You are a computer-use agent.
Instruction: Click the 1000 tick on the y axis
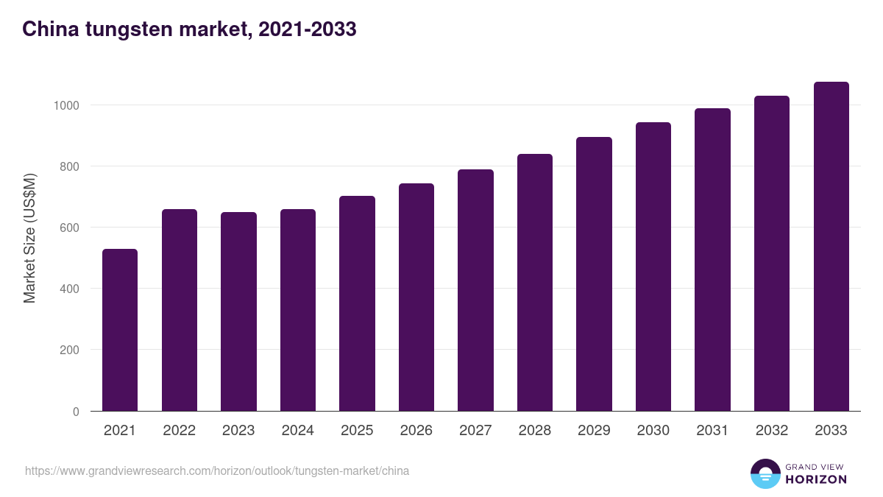66,105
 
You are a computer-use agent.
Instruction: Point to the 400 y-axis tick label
70,289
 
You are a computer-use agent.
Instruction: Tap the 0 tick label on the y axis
76,412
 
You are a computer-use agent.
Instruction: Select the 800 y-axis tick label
70,166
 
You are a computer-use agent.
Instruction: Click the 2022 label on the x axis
180,431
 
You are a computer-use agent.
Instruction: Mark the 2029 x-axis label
594,431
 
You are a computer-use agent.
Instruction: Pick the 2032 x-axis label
772,431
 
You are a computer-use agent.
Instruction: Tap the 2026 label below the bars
416,431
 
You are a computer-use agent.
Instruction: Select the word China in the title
46,29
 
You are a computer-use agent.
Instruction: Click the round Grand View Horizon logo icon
765,473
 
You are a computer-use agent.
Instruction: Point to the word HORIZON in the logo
816,479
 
